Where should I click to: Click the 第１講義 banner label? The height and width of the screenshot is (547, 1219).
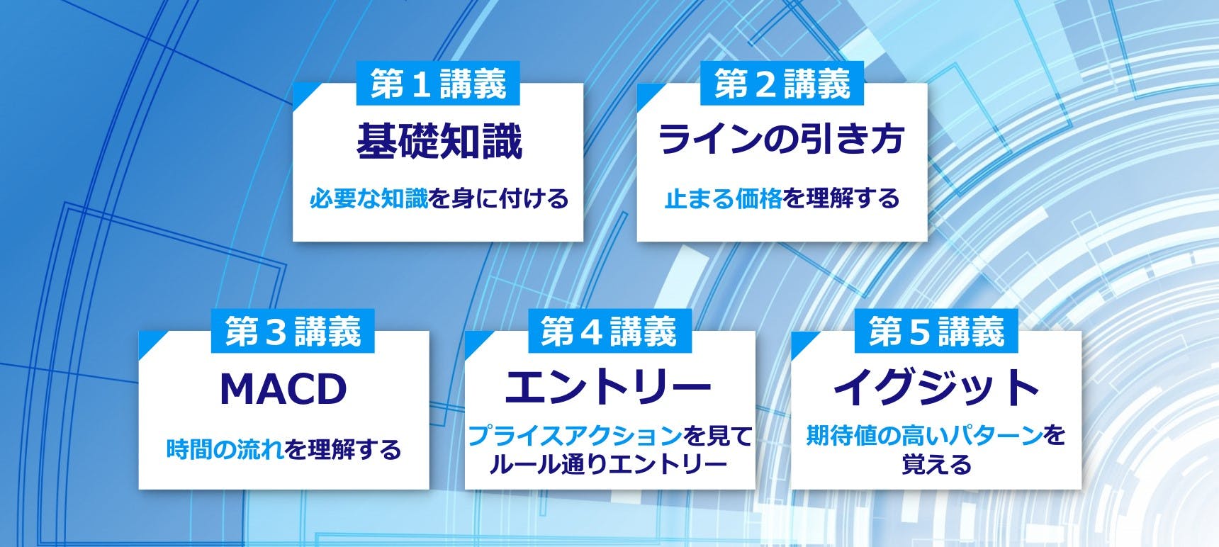pyautogui.click(x=439, y=84)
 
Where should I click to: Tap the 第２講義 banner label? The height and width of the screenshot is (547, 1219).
pyautogui.click(x=782, y=84)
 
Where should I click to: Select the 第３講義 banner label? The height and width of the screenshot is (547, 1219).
pyautogui.click(x=293, y=332)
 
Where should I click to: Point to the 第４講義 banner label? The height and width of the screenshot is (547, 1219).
pyautogui.click(x=609, y=332)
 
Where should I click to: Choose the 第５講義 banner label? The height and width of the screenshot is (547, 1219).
pyautogui.click(x=936, y=332)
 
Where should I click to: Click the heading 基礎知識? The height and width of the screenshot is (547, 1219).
pyautogui.click(x=439, y=141)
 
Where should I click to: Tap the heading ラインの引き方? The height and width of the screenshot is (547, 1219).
pyautogui.click(x=782, y=139)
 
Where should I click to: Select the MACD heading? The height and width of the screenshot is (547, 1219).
pyautogui.click(x=283, y=389)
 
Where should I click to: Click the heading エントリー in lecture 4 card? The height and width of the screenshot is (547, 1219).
pyautogui.click(x=608, y=387)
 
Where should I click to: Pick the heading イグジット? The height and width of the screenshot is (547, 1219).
pyautogui.click(x=936, y=387)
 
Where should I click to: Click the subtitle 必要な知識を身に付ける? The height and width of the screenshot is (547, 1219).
pyautogui.click(x=439, y=199)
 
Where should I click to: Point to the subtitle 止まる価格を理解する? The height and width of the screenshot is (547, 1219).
pyautogui.click(x=782, y=198)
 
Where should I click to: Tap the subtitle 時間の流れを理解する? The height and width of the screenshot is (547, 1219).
pyautogui.click(x=283, y=449)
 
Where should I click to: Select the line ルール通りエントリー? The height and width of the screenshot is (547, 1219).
pyautogui.click(x=608, y=465)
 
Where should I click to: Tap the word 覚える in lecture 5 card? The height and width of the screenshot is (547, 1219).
pyautogui.click(x=936, y=465)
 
